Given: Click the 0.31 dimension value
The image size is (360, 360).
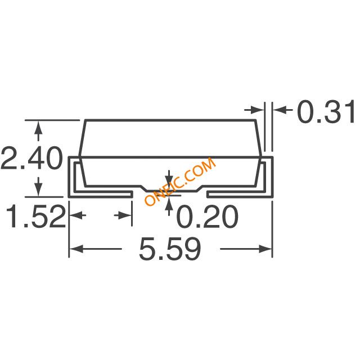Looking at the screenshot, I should (x=327, y=112).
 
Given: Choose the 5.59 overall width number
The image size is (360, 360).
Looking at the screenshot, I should (x=169, y=248).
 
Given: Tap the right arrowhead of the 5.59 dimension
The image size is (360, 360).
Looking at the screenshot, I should (x=267, y=248).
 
